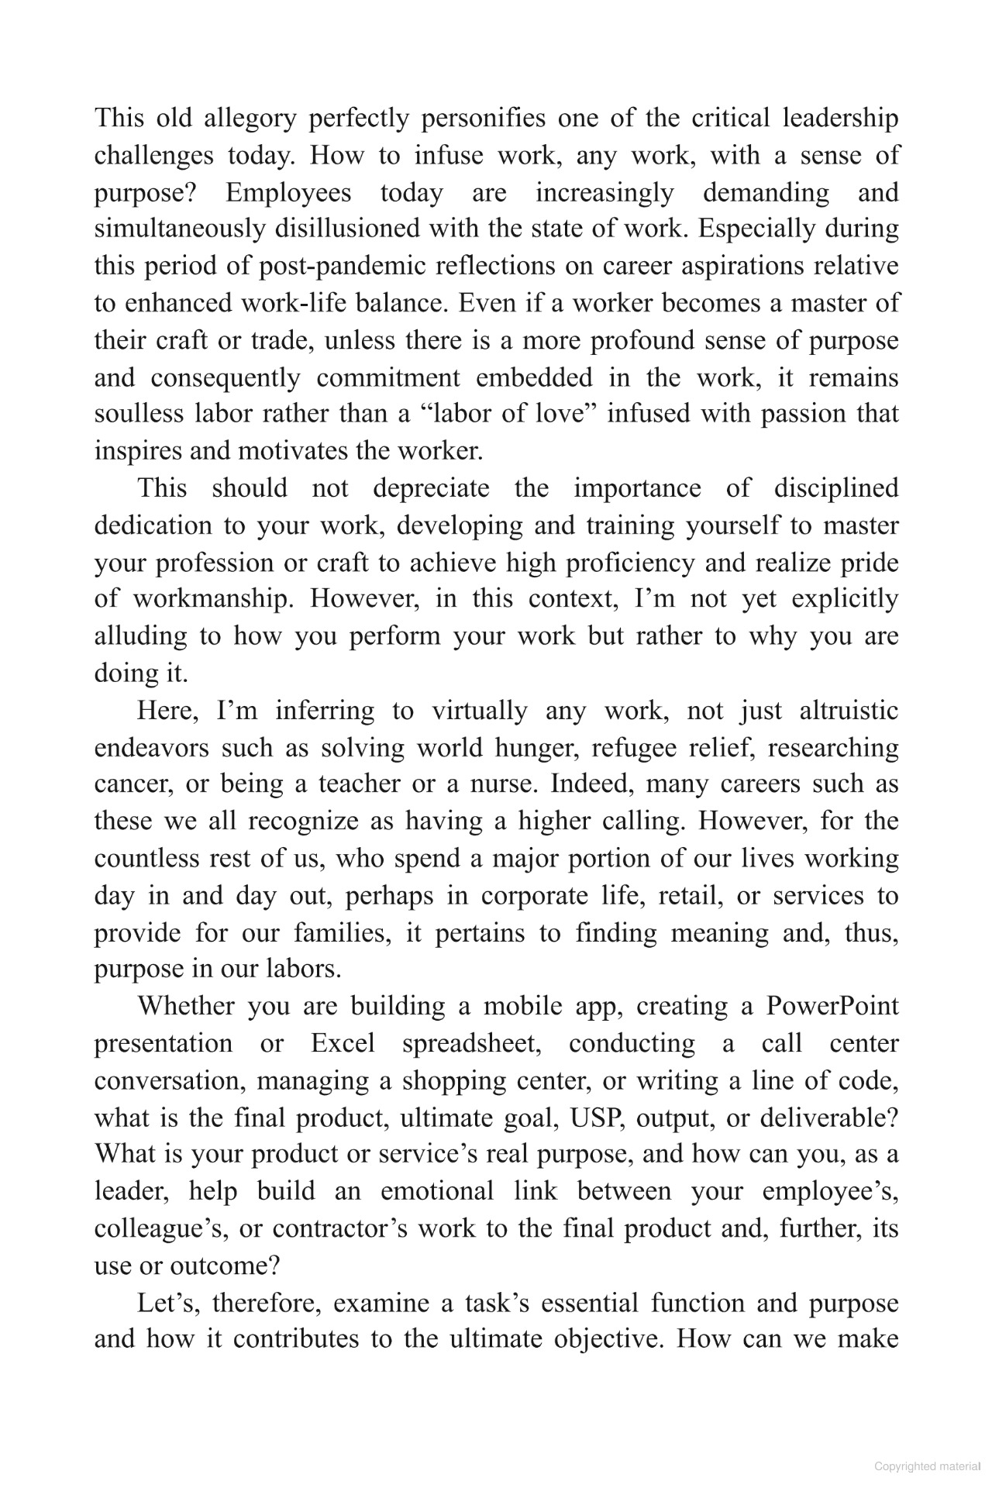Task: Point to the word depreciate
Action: pos(431,488)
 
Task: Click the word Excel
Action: pos(343,1043)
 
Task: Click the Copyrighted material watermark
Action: pos(927,1466)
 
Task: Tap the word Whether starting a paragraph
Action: pos(187,1006)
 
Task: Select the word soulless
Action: pos(138,414)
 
